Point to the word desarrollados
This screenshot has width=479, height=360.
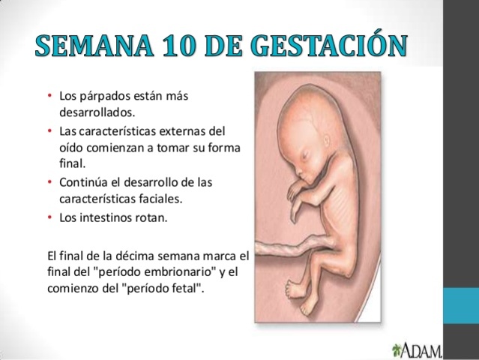(95, 112)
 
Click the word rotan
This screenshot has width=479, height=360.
(149, 218)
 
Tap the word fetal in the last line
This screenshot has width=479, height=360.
(183, 289)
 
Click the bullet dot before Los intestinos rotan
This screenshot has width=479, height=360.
(49, 218)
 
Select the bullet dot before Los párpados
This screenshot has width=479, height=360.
(49, 97)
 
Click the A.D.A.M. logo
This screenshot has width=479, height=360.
(418, 349)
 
